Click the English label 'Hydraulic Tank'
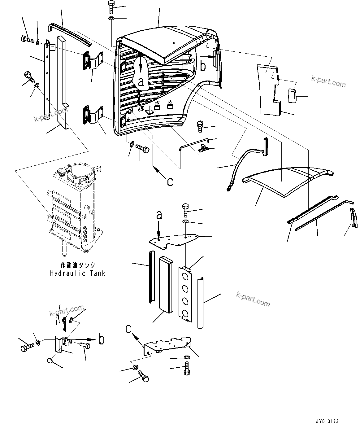pos(77,273)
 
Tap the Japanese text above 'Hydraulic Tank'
pos(77,265)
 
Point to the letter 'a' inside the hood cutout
pos(141,81)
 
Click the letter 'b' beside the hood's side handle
pos(203,66)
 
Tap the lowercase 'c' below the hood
pos(170,182)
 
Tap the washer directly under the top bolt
pos(111,19)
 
